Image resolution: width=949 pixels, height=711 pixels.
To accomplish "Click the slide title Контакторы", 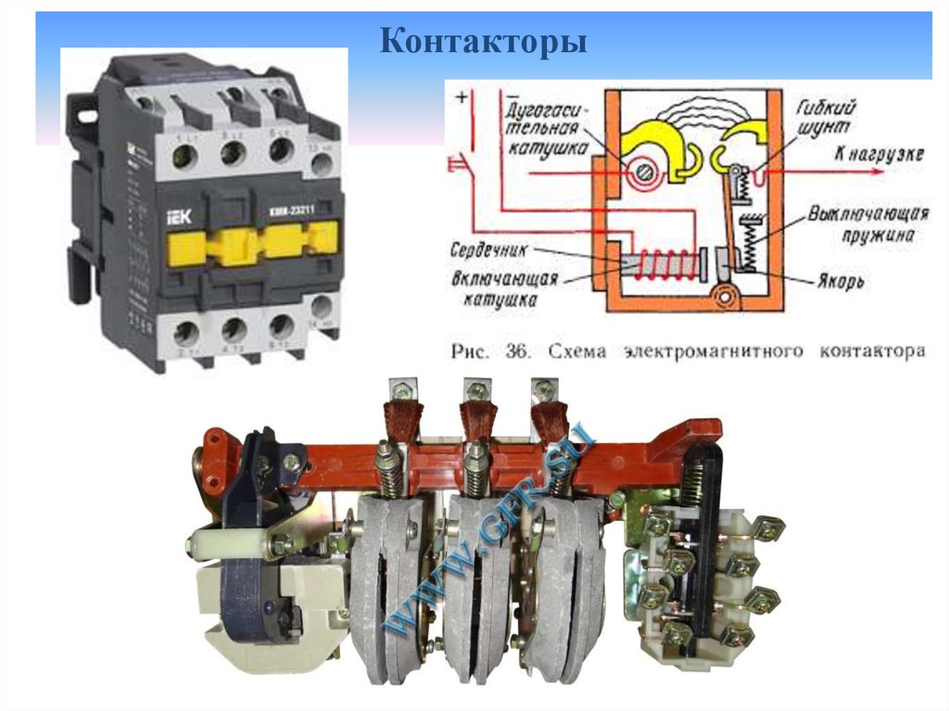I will click(484, 43).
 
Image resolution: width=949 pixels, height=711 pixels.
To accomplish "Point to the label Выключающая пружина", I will click(867, 222).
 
